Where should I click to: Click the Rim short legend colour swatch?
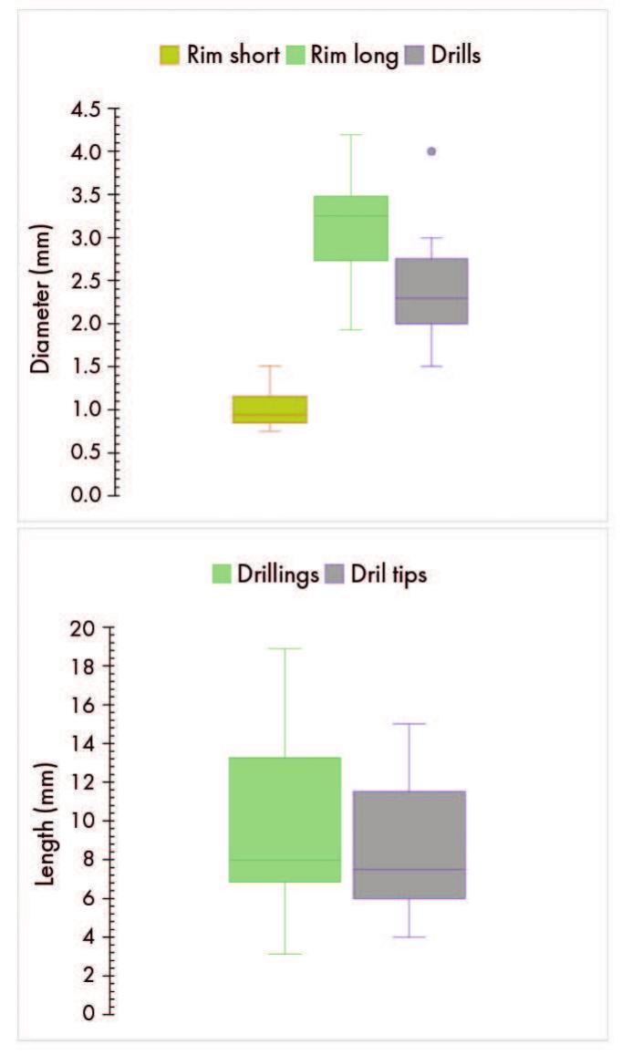pos(170,56)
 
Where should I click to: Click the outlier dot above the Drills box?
pos(431,151)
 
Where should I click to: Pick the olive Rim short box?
pos(269,409)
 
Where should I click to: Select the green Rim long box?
pos(350,228)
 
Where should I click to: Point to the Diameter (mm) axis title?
pos(39,301)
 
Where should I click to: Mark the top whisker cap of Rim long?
pos(350,134)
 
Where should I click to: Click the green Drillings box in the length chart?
pos(284,820)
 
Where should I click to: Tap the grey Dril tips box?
pos(409,844)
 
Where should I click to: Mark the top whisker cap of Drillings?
pos(284,648)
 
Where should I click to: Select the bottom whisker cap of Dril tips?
pos(409,936)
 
